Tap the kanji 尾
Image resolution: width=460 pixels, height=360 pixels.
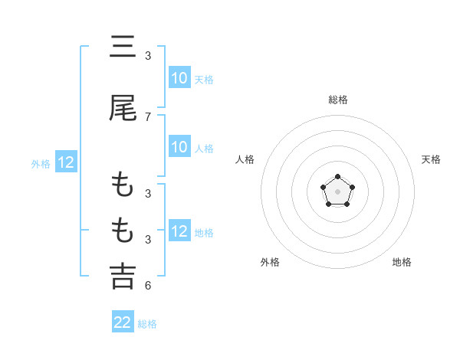point(123,109)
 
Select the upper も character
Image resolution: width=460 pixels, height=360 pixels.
point(123,185)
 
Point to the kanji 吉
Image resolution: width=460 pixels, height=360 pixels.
point(123,276)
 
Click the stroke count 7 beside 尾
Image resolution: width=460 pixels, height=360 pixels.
point(148,117)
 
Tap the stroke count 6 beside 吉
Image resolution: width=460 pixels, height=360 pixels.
point(148,286)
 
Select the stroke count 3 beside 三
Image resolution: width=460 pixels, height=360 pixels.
point(148,56)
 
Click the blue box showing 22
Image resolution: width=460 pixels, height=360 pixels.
point(123,322)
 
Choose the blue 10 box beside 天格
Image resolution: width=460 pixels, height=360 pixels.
point(179,78)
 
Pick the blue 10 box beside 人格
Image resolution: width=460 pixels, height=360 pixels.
point(179,147)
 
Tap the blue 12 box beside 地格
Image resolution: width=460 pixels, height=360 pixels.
point(179,231)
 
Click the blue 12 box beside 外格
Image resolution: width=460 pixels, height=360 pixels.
point(66,162)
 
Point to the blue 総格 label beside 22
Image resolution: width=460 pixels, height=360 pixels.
point(147,324)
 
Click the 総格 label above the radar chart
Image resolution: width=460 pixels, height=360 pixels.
point(338,100)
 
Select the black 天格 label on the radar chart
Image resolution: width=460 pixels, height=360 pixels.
point(432,159)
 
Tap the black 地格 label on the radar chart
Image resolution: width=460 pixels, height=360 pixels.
point(402,262)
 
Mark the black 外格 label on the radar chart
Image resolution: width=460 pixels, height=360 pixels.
point(270,262)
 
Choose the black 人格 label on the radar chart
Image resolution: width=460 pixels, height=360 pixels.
point(245,159)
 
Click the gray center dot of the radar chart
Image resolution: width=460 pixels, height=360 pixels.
point(337,191)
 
